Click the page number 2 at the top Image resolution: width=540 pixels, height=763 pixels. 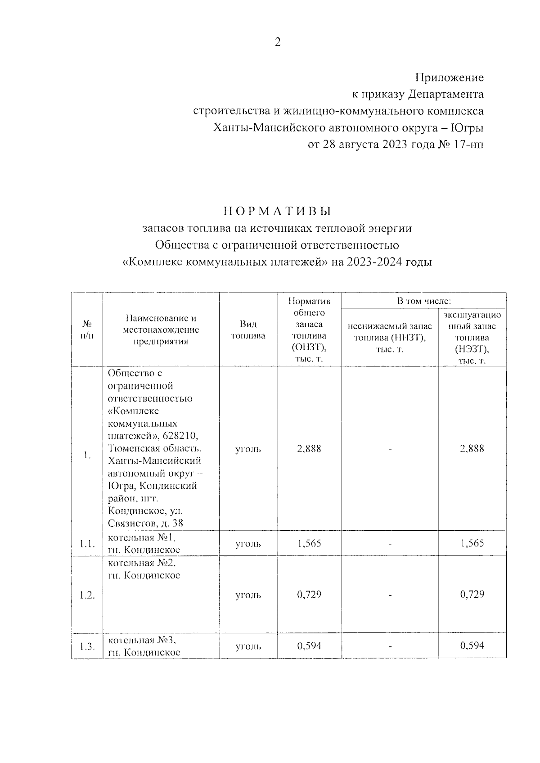pos(277,43)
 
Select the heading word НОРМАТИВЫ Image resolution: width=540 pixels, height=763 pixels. pos(277,211)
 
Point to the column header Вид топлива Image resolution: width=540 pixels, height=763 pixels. pos(248,330)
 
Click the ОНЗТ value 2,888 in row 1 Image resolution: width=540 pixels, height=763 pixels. pos(309,449)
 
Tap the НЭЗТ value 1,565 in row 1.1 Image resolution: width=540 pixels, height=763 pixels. pos(472,543)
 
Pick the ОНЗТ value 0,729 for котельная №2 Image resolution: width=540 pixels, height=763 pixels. pos(309,595)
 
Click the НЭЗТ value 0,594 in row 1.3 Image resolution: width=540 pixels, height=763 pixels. pos(472,646)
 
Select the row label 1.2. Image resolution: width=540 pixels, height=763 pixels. pos(87,595)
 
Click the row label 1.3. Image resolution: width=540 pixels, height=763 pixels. pos(87,646)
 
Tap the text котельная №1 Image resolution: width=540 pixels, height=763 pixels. pos(145,537)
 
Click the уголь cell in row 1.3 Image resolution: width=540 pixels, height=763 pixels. pos(248,646)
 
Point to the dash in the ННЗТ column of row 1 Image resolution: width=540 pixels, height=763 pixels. pos(390,449)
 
